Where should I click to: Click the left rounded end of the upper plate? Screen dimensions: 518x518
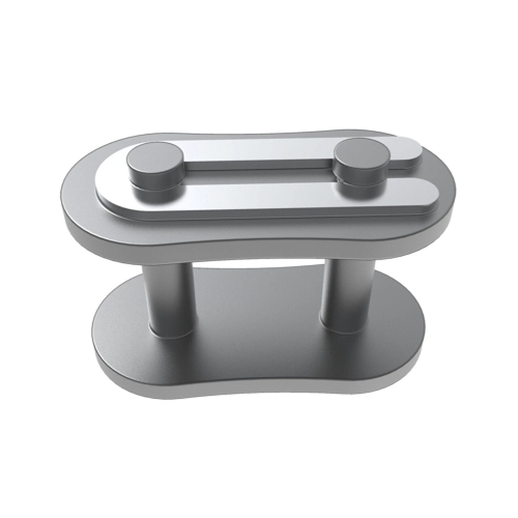(x=73, y=202)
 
